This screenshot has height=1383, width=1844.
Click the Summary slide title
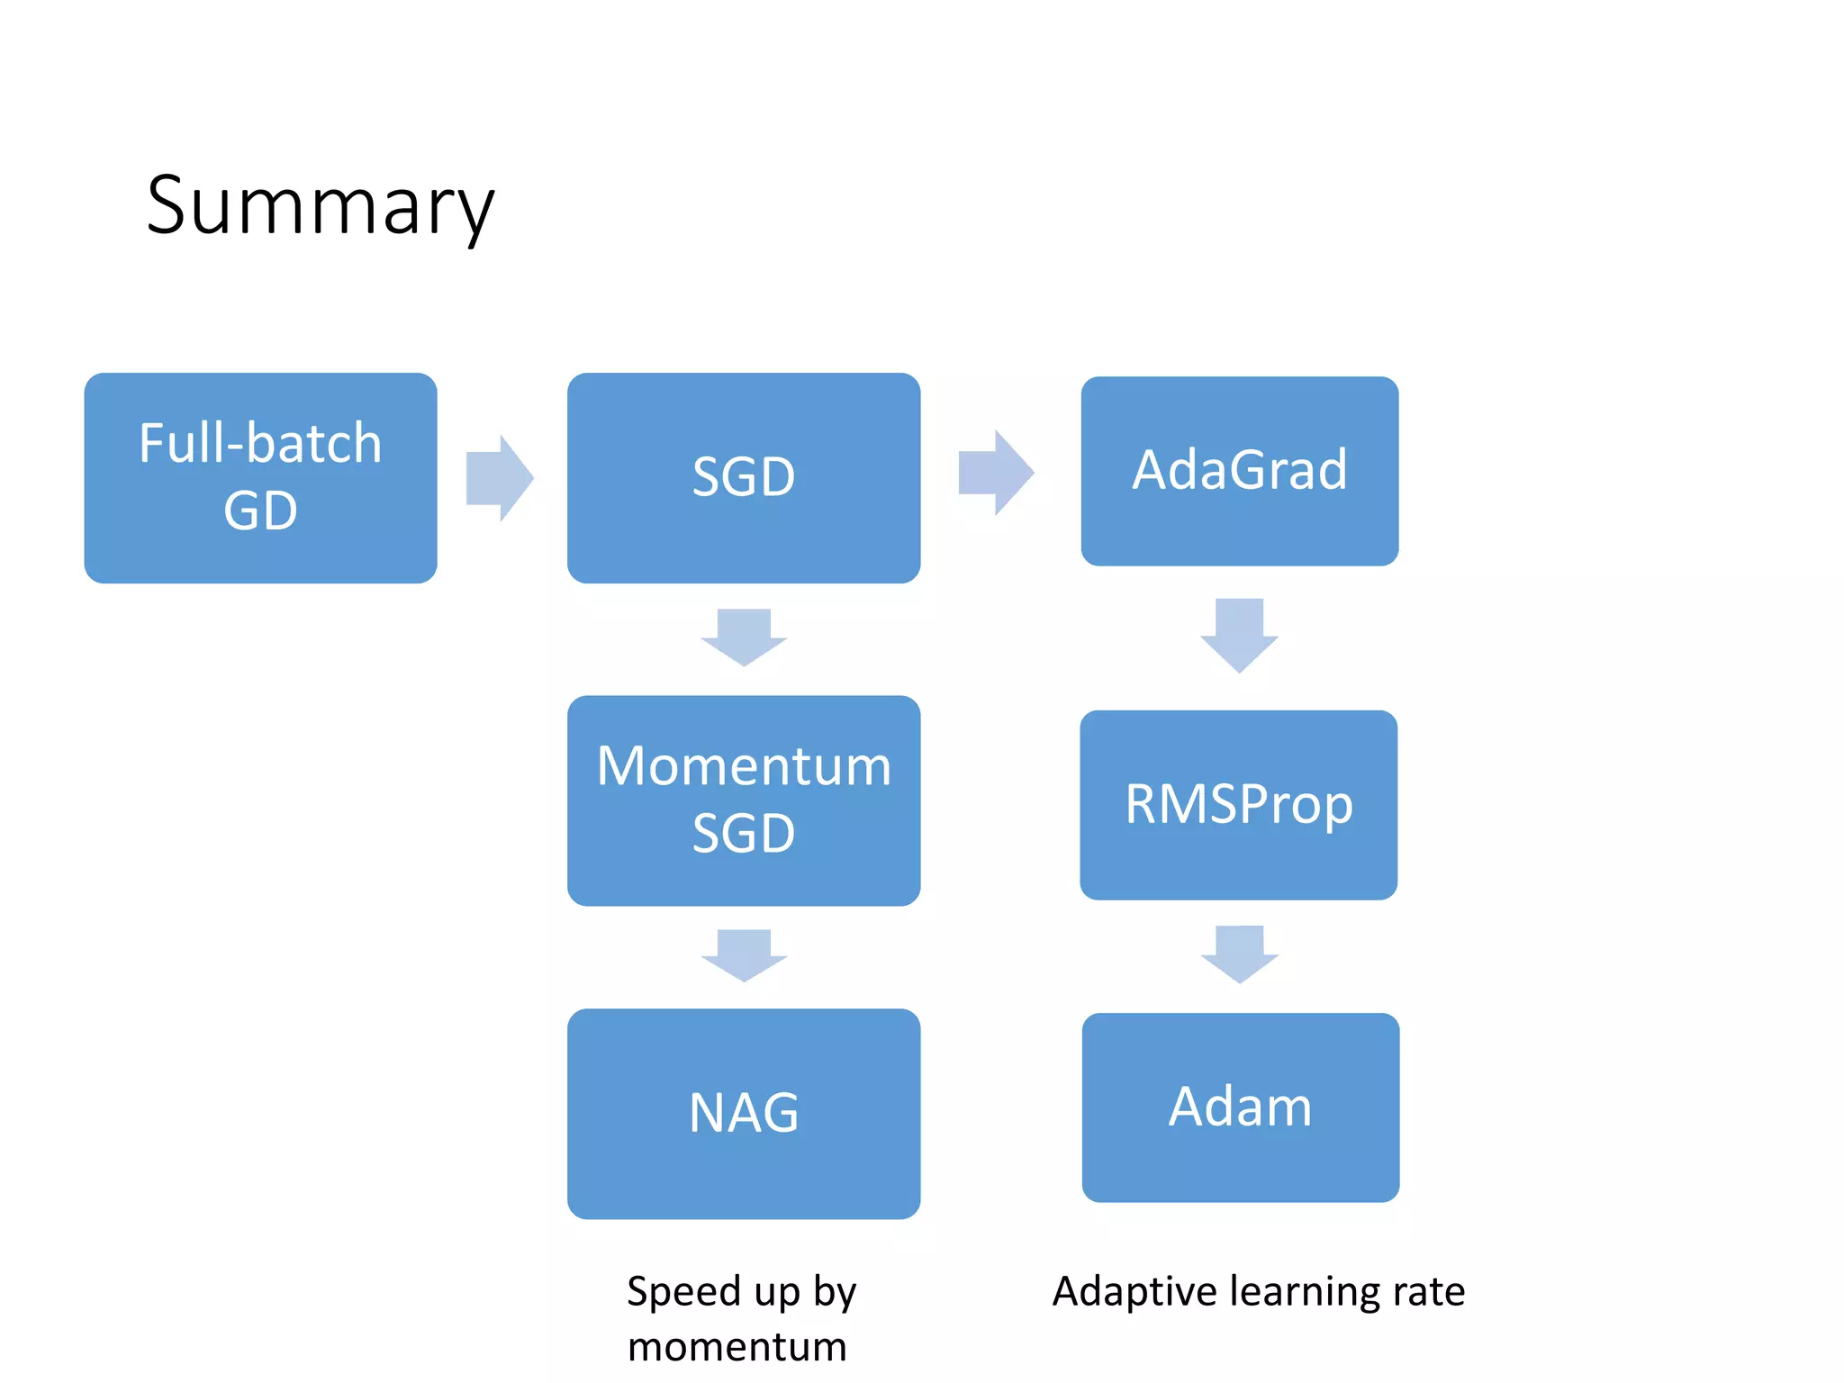click(321, 207)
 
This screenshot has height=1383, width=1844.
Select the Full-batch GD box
click(260, 478)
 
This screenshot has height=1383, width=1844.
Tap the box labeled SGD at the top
click(744, 478)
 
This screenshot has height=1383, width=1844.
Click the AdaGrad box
click(1240, 471)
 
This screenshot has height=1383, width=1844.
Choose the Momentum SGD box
click(744, 800)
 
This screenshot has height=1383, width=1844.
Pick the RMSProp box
click(1239, 805)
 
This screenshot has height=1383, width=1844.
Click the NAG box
click(744, 1114)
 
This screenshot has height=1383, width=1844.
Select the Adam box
click(1241, 1107)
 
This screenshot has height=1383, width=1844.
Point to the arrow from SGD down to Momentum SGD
click(745, 637)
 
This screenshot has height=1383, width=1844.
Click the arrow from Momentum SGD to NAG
click(745, 955)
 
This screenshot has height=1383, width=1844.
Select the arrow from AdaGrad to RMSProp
click(1240, 635)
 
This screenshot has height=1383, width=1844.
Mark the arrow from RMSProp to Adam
click(1240, 954)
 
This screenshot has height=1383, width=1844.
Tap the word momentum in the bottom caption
click(737, 1348)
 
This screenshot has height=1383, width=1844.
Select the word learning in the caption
click(1305, 1293)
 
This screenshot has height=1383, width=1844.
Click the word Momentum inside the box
click(744, 766)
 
